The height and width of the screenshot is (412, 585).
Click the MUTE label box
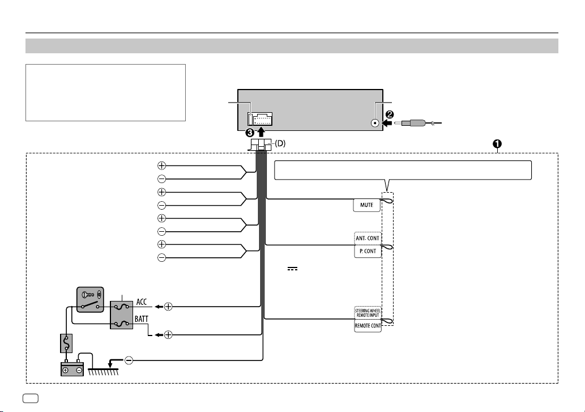pos(367,205)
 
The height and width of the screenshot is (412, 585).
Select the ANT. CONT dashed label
pos(368,238)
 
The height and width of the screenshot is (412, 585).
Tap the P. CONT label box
pos(368,251)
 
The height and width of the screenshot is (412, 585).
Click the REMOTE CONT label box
pos(368,325)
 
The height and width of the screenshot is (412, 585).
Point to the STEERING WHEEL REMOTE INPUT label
pos(368,313)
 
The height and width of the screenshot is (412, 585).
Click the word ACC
pos(142,301)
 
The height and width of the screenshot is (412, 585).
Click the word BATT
pos(142,319)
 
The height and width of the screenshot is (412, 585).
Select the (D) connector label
pos(280,143)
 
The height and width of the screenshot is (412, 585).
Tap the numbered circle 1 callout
pos(497,144)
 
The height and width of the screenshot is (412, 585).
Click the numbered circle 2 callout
pos(389,114)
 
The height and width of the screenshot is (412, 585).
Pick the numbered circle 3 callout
pos(250,133)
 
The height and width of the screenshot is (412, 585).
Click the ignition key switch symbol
pos(90,300)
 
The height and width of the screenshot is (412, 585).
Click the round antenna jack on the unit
pos(375,123)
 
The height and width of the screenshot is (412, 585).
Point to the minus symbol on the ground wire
pos(129,360)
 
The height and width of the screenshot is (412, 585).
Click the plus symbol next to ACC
pos(168,307)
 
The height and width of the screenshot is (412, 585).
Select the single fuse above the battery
pos(66,343)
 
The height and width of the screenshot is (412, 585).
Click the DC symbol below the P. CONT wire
pos(292,269)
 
